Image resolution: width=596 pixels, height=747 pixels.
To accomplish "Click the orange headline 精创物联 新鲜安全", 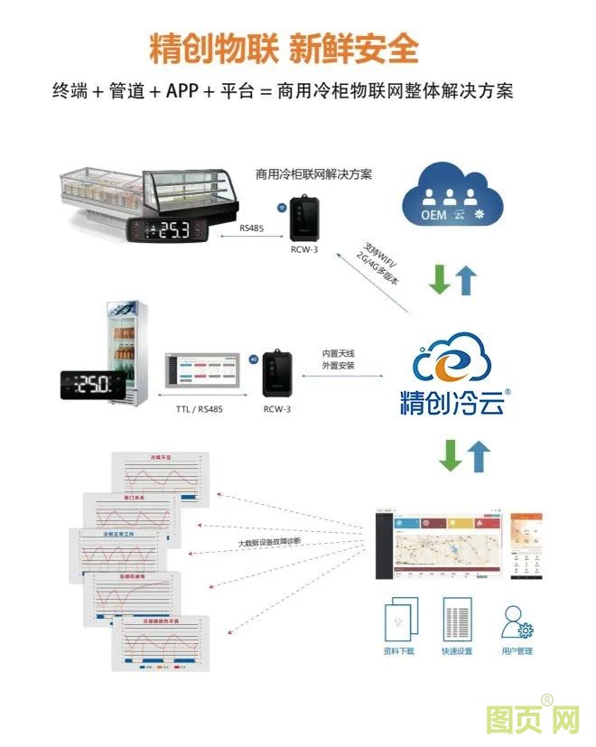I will (x=284, y=48).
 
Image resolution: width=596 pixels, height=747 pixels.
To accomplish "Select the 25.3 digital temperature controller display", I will (x=172, y=229).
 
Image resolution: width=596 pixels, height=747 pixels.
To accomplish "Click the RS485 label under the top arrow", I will (x=253, y=229).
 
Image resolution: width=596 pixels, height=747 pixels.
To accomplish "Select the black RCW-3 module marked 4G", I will (x=276, y=372).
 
